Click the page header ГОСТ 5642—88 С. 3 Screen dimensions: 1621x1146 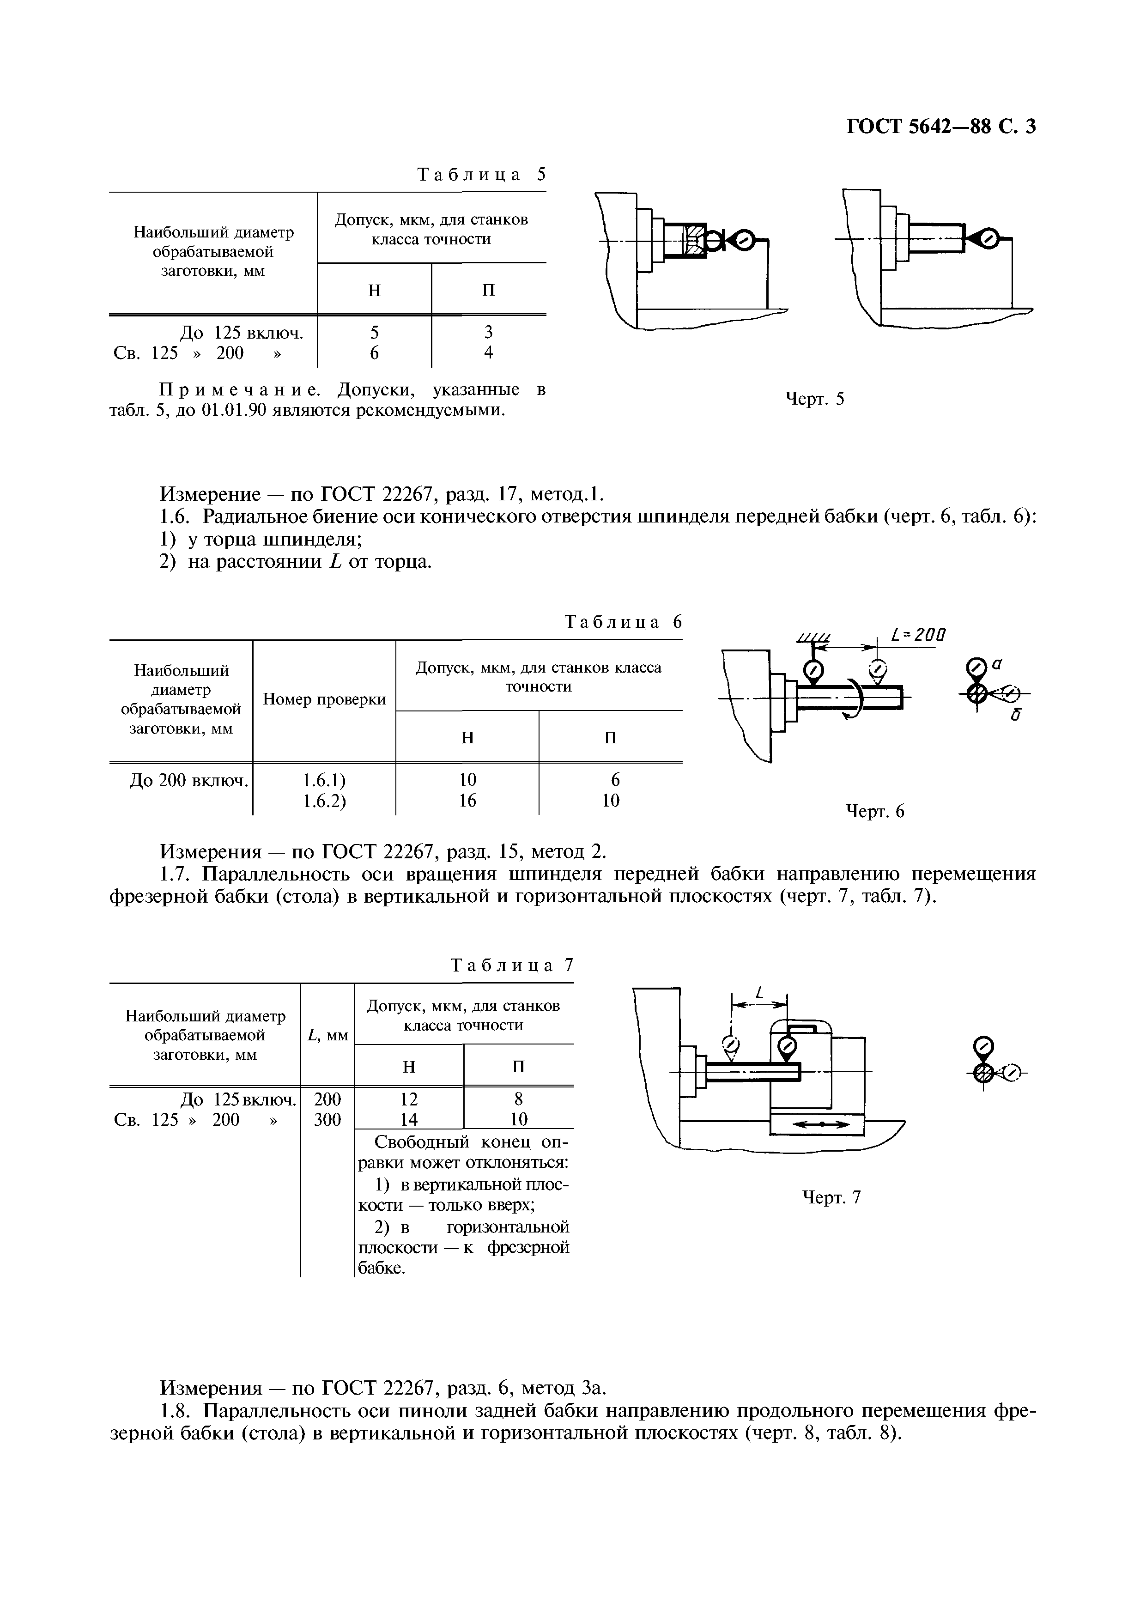point(940,127)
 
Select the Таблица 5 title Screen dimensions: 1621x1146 point(482,174)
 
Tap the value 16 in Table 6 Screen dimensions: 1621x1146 point(467,801)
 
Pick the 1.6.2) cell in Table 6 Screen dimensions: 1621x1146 point(324,801)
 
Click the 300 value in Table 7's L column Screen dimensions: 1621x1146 point(327,1120)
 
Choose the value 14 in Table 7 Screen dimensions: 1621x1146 point(409,1120)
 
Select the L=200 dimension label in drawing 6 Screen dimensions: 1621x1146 point(918,635)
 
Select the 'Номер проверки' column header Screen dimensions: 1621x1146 point(324,699)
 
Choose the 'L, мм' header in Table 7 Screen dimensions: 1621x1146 point(327,1035)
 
